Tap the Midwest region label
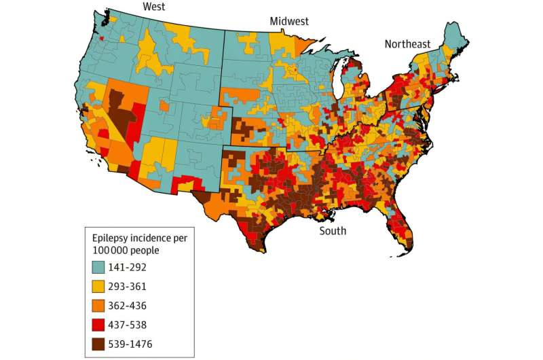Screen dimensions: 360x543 pos(290,21)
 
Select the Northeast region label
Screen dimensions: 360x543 pos(407,44)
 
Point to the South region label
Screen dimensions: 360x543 pos(333,231)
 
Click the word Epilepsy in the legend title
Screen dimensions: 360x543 pos(113,237)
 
